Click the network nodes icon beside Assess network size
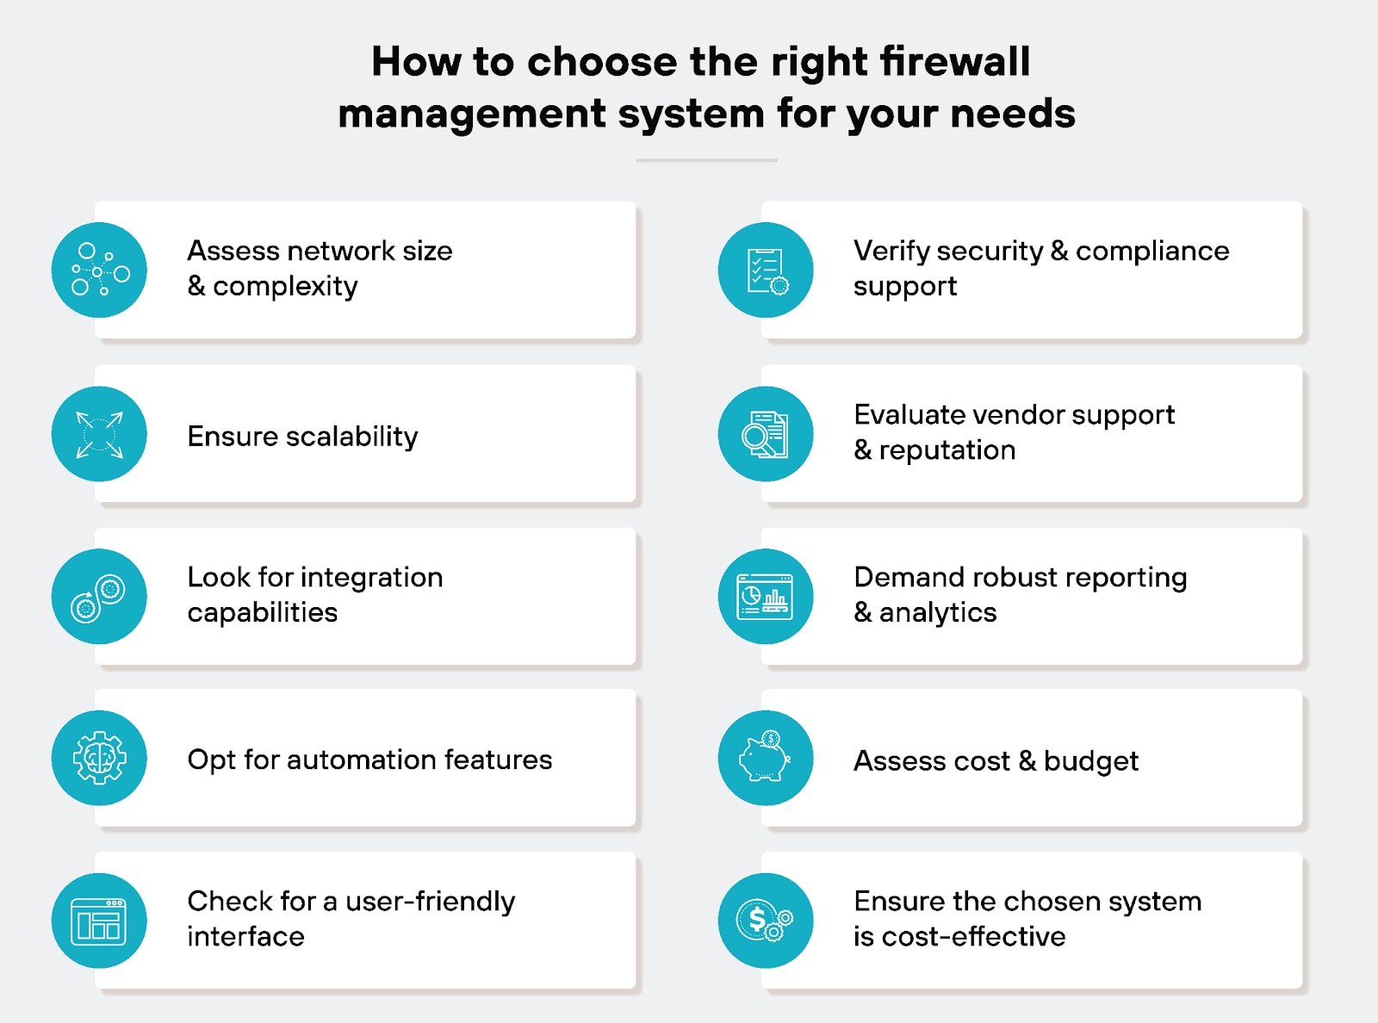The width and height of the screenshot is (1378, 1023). [99, 270]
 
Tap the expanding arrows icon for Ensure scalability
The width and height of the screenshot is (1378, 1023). [99, 434]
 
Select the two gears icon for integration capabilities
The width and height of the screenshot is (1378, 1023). [99, 597]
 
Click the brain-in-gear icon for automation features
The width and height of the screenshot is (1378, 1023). [99, 759]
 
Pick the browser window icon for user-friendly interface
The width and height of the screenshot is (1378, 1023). [99, 921]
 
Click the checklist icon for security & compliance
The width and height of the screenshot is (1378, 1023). [766, 270]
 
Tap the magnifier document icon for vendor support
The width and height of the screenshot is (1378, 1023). [766, 434]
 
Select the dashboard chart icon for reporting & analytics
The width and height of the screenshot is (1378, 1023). [766, 597]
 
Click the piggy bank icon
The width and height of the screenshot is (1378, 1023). [766, 759]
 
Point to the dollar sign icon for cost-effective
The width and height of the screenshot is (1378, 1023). [766, 921]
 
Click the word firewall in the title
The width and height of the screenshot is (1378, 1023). [954, 62]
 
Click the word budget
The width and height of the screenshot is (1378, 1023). [1090, 761]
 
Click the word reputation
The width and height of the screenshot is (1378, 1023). [947, 450]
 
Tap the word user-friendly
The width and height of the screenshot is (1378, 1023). [430, 902]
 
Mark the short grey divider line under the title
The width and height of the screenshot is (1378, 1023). [706, 160]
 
